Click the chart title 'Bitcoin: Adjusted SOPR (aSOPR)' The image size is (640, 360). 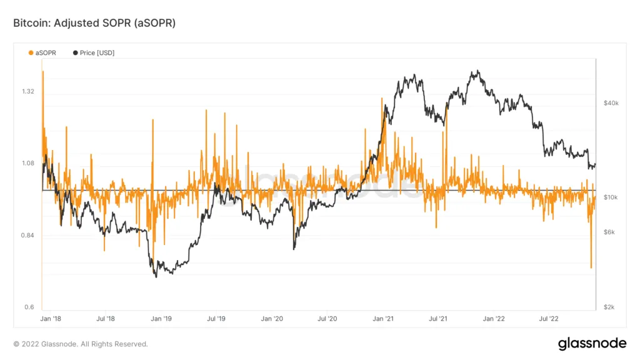tap(94, 22)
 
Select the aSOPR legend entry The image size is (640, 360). tap(42, 53)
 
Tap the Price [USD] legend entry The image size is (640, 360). tap(94, 53)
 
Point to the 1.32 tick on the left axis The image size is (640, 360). tap(27, 91)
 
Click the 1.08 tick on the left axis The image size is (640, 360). tap(27, 164)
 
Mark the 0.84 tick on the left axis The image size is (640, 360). tap(27, 236)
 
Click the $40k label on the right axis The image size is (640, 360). tap(611, 103)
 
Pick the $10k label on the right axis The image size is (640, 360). tap(611, 197)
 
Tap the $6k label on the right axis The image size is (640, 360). tap(609, 232)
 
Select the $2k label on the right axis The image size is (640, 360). tap(609, 307)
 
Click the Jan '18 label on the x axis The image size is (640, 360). tap(51, 319)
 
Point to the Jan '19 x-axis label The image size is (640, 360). tap(161, 319)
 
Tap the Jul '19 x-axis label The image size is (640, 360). tap(216, 319)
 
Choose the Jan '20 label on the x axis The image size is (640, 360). tap(271, 319)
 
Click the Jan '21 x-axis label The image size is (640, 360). tap(382, 319)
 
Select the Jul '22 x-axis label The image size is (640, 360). tap(549, 319)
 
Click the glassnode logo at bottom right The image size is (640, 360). tap(591, 343)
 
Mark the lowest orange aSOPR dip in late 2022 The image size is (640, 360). tap(591, 267)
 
